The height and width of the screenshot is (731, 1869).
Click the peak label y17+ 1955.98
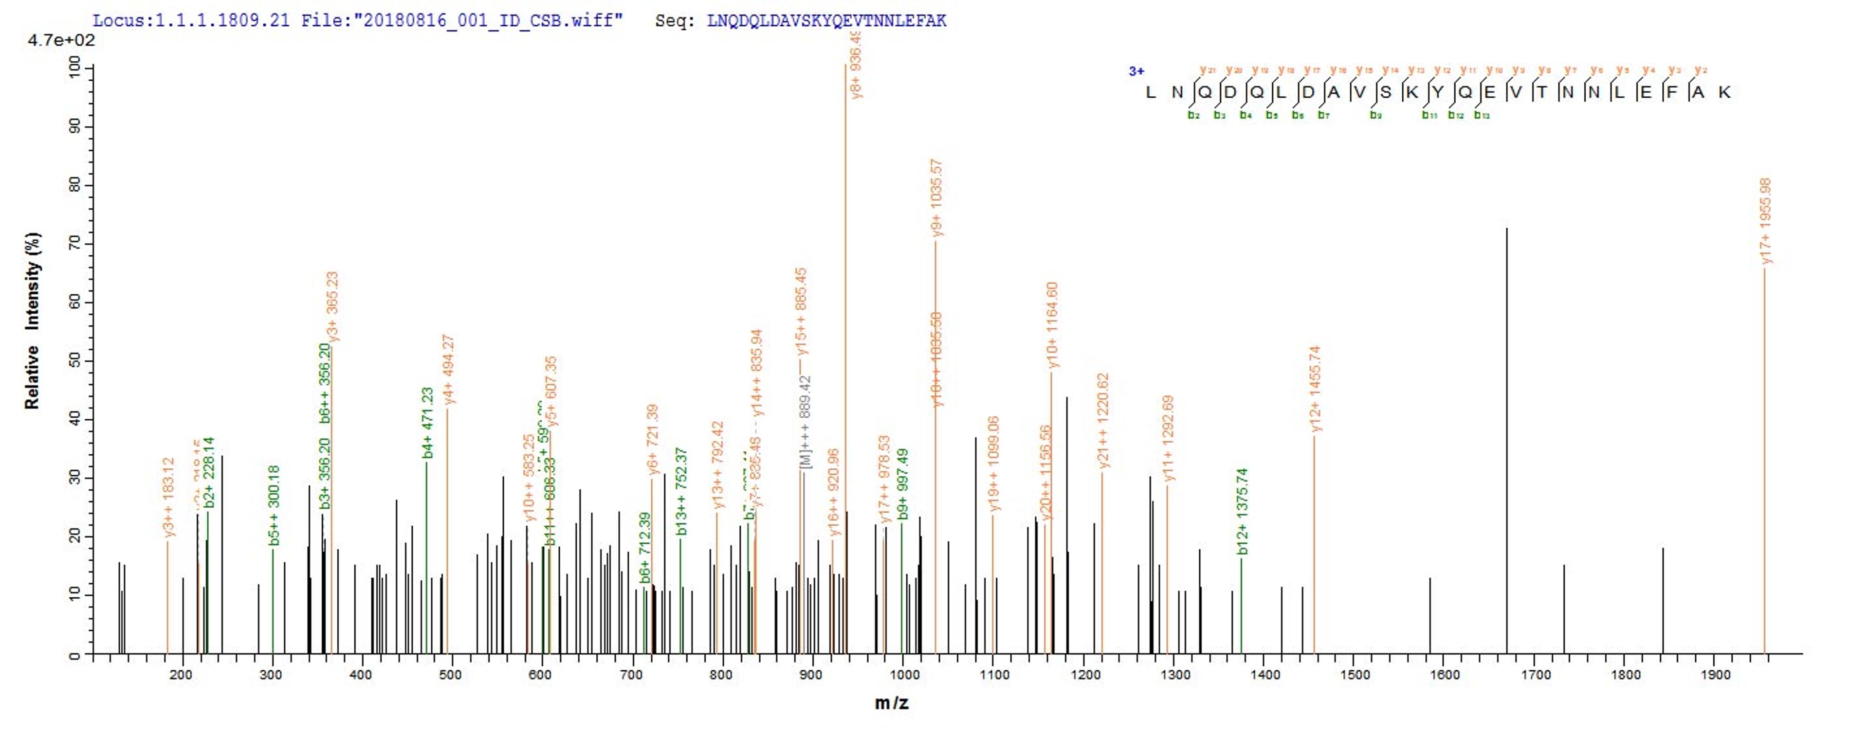[x=1765, y=221]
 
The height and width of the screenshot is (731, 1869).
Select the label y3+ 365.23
[x=333, y=306]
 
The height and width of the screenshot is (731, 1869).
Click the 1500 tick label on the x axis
[x=1354, y=675]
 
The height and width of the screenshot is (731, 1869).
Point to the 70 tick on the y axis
[x=75, y=244]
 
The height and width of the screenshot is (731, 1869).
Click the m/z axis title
[x=891, y=703]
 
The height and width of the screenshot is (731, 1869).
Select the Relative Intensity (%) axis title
[x=33, y=321]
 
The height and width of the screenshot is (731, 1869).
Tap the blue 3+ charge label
[x=1136, y=71]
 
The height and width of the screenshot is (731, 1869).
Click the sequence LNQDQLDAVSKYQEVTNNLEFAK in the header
[x=826, y=20]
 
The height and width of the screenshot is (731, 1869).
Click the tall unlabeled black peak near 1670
[x=1506, y=435]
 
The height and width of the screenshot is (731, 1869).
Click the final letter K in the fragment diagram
[x=1724, y=92]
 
